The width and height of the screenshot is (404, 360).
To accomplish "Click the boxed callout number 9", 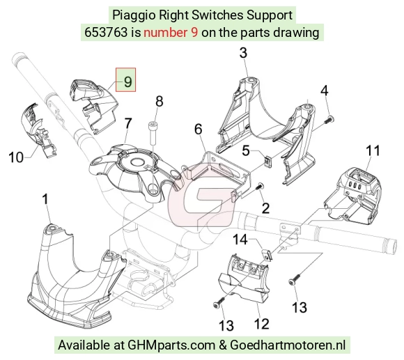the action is click(127, 81).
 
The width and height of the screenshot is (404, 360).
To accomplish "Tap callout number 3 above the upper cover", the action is click(243, 53).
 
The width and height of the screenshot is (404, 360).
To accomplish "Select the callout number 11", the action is click(373, 150).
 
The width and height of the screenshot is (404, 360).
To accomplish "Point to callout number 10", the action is click(16, 157).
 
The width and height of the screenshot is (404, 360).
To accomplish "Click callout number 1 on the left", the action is click(45, 199).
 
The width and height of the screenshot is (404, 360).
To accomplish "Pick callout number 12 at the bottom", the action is click(261, 324).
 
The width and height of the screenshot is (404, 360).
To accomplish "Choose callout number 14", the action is click(240, 240).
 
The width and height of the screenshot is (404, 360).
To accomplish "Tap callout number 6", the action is click(198, 129).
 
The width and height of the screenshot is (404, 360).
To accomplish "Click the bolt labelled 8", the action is click(153, 133).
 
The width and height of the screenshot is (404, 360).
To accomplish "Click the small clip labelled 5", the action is click(267, 161).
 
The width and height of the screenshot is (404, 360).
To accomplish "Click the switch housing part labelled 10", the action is click(38, 130).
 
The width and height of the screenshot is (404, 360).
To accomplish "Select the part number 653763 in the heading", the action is click(106, 33).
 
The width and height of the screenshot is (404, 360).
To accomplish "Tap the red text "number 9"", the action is click(171, 33).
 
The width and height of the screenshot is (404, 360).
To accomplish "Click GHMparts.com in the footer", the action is click(171, 345).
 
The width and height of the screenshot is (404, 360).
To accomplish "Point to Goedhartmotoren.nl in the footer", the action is click(288, 345).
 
